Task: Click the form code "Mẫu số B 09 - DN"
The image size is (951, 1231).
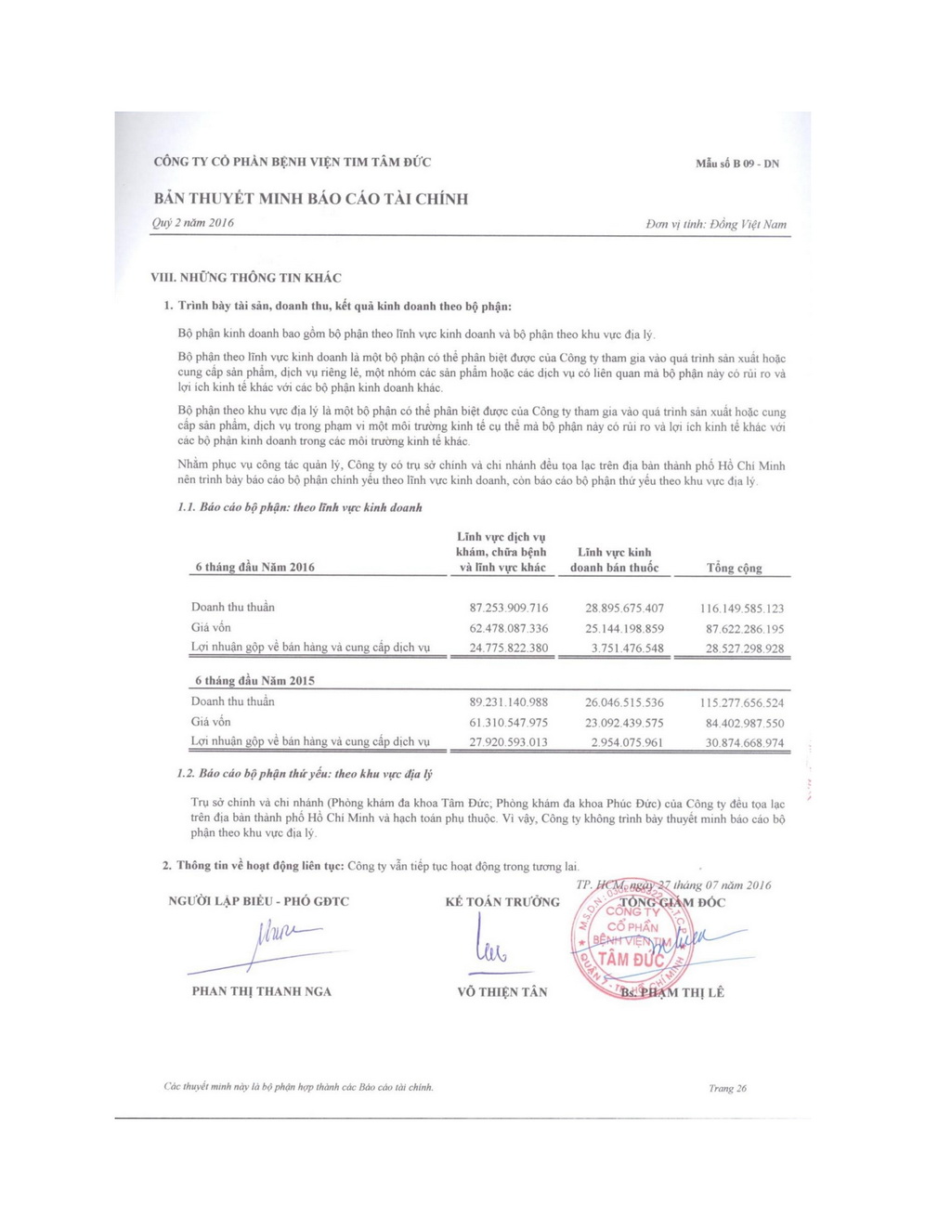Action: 737,164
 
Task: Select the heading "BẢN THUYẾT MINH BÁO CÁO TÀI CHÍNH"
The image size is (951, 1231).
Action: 311,199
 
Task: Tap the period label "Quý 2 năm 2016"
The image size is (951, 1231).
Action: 193,223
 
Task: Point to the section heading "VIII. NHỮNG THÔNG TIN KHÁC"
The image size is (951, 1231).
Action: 246,278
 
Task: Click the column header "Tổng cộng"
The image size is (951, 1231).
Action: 734,568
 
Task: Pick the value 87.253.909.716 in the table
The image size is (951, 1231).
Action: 509,609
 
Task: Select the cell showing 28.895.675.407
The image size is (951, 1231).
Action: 624,609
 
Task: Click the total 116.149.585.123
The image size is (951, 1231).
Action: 741,609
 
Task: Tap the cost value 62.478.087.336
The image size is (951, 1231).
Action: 509,629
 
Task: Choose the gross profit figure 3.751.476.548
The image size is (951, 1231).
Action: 628,648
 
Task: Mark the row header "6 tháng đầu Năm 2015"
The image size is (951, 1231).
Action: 254,681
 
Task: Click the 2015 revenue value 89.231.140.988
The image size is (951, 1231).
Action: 509,702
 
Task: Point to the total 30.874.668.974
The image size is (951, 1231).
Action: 744,743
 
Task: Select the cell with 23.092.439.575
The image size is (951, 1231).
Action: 624,723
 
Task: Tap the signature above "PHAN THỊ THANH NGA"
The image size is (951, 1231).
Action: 279,938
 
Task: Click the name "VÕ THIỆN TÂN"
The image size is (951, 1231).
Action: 502,992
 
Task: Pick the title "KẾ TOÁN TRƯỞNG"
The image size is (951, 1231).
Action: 502,902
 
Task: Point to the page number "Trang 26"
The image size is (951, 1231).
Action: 727,1088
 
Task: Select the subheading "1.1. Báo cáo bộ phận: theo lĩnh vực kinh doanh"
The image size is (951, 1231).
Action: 299,508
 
